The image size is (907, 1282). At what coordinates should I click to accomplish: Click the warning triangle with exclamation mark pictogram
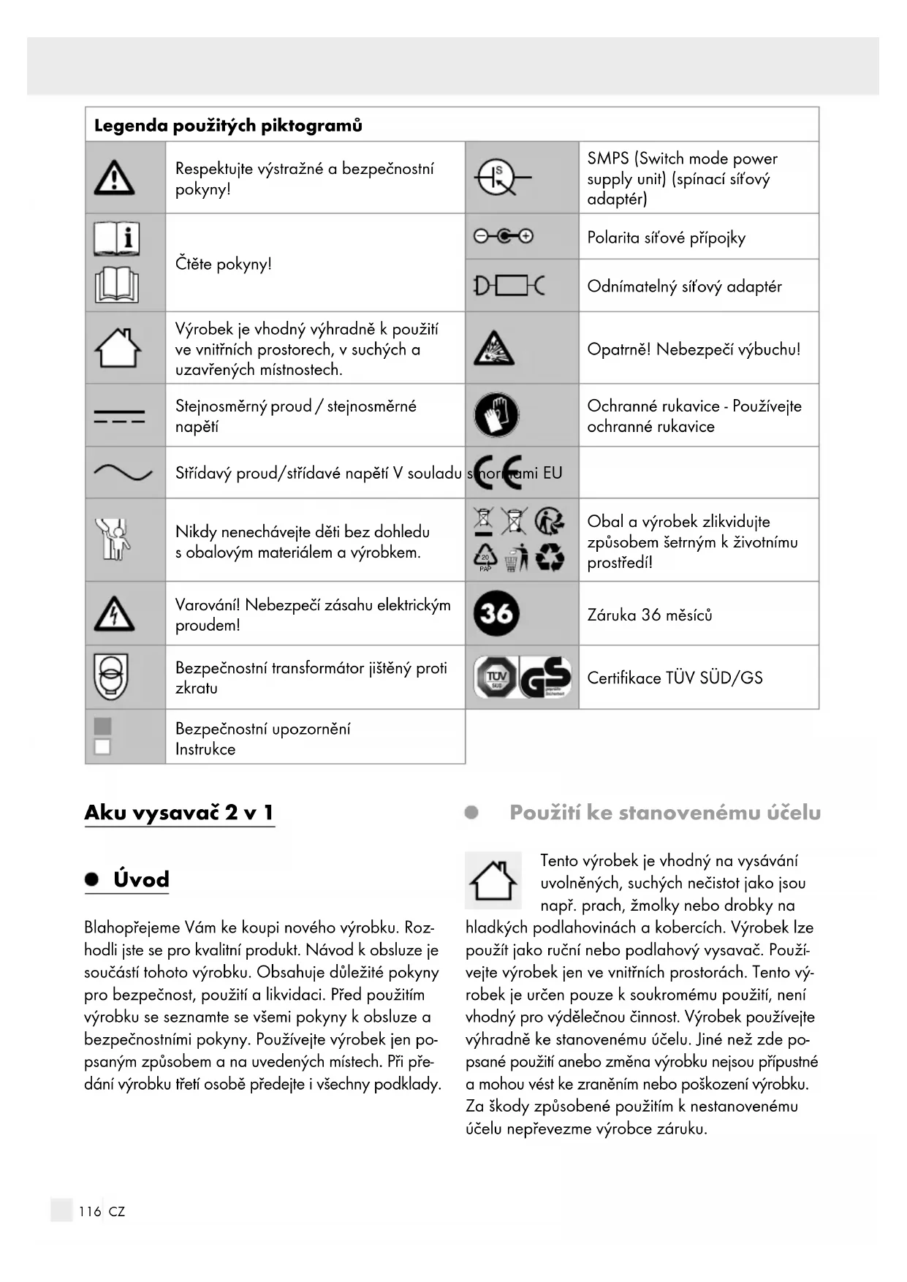(x=114, y=178)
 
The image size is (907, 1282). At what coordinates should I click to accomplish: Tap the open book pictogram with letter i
(x=116, y=238)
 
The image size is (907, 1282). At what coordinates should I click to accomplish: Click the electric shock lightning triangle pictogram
(x=114, y=613)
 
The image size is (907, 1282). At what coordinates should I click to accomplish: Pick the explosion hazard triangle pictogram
(x=493, y=349)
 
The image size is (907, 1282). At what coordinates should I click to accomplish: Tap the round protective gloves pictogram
(x=496, y=415)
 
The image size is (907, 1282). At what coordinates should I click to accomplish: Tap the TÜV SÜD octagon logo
(x=496, y=677)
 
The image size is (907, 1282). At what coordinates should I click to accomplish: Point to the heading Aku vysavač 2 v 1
(x=179, y=812)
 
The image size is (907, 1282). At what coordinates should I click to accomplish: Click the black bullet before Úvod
(x=91, y=879)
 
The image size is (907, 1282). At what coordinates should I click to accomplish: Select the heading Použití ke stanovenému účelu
(x=664, y=812)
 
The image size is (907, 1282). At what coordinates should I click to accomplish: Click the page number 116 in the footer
(x=90, y=1211)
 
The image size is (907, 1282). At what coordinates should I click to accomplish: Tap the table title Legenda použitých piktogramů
(x=228, y=125)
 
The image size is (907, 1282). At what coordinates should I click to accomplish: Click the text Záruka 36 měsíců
(x=649, y=615)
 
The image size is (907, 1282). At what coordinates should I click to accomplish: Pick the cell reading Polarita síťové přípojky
(x=666, y=238)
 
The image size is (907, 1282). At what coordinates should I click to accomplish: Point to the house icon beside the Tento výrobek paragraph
(x=493, y=880)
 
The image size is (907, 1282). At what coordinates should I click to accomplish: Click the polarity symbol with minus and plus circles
(x=503, y=236)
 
